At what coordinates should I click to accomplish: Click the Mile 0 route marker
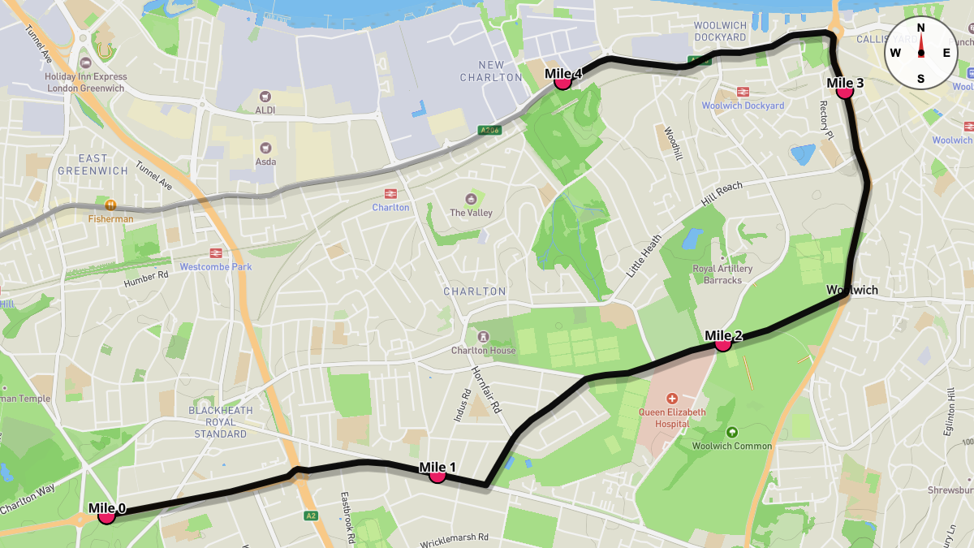(x=106, y=515)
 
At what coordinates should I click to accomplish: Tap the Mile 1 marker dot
(x=437, y=475)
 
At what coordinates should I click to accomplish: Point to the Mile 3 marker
(x=844, y=91)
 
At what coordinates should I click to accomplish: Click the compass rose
(x=920, y=53)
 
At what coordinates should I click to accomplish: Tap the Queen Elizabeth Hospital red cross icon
(x=671, y=399)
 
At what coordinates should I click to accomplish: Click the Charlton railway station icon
(x=390, y=193)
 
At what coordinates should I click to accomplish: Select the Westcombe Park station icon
(x=216, y=253)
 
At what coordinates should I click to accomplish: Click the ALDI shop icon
(x=265, y=96)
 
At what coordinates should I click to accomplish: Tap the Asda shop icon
(x=265, y=148)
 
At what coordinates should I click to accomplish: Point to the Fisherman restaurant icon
(x=111, y=205)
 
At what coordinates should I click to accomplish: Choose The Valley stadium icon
(x=470, y=199)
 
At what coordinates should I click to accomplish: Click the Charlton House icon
(x=483, y=336)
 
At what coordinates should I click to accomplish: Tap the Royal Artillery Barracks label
(x=722, y=274)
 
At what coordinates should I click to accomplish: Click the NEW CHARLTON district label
(x=491, y=71)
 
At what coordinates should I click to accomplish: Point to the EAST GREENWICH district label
(x=93, y=165)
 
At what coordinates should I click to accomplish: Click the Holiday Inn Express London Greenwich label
(x=85, y=83)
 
